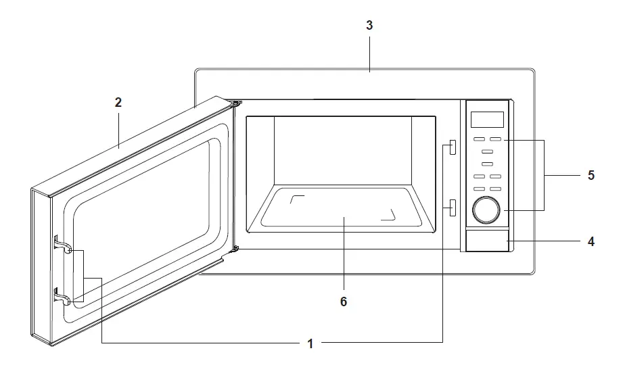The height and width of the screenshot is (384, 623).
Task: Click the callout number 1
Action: tap(310, 343)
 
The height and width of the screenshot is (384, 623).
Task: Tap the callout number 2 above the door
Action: tap(118, 103)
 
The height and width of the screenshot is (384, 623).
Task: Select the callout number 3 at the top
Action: tap(369, 26)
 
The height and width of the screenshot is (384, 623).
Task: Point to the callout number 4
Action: tap(591, 241)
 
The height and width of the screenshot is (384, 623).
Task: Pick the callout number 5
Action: tap(591, 175)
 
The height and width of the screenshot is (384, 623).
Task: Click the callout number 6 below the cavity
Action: tap(344, 302)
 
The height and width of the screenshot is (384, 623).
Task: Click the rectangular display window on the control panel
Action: tap(487, 120)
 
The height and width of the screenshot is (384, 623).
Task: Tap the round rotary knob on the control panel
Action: tap(486, 210)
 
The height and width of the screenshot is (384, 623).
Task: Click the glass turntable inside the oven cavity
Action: tap(344, 208)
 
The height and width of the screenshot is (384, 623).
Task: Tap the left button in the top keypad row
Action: tap(479, 140)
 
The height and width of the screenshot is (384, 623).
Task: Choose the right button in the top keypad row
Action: tap(496, 140)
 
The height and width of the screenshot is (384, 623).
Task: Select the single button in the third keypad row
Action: tap(487, 164)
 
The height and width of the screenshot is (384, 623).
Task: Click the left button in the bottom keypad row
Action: tap(479, 189)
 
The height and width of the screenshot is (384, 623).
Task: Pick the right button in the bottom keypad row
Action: tap(496, 189)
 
